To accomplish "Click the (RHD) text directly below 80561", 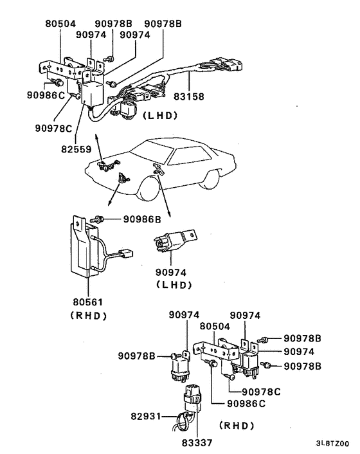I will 87,315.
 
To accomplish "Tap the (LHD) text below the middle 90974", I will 173,284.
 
